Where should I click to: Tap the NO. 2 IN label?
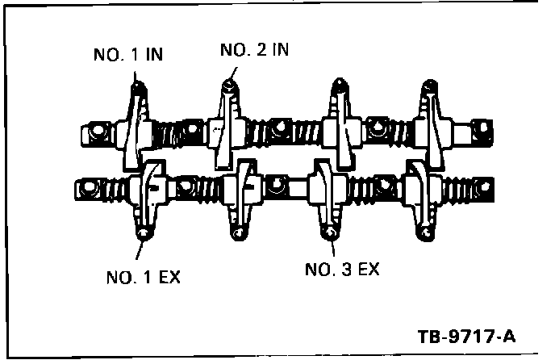click(254, 50)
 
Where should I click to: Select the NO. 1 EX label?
click(143, 278)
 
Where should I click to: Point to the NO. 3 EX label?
click(342, 269)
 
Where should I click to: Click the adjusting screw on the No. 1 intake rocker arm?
click(136, 84)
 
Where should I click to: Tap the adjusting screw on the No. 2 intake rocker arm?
click(232, 84)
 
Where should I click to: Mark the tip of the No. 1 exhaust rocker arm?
click(144, 234)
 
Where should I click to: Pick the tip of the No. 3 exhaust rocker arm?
click(329, 234)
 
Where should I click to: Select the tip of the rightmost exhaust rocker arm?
click(423, 234)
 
